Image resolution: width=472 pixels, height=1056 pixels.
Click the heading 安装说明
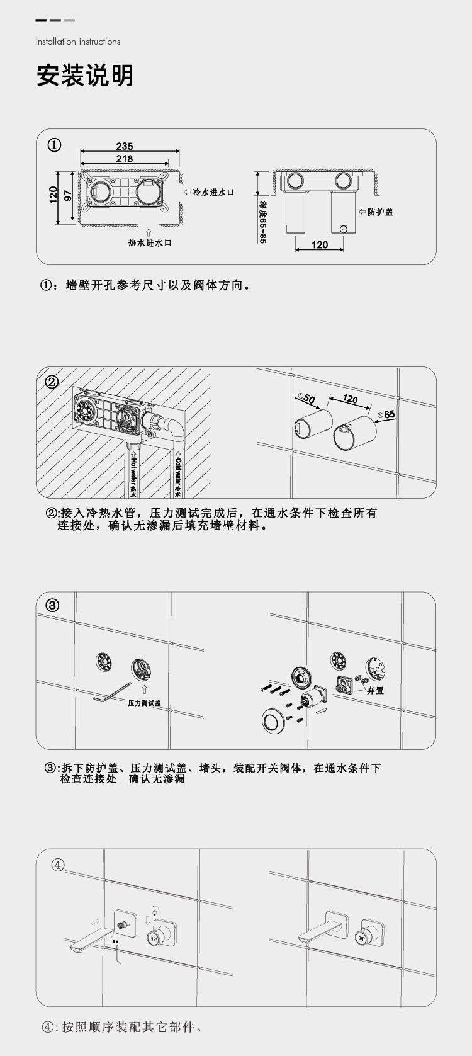click(85, 76)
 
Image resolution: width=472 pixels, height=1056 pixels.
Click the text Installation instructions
click(78, 42)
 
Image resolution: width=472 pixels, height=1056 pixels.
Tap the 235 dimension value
click(125, 146)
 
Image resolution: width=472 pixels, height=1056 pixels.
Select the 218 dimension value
click(125, 159)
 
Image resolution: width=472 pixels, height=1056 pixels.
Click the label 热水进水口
click(150, 243)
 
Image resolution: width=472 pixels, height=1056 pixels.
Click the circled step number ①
click(55, 145)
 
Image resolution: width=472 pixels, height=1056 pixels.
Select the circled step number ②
click(52, 381)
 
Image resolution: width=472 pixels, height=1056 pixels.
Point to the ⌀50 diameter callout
click(306, 399)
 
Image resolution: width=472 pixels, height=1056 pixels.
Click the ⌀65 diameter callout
click(387, 415)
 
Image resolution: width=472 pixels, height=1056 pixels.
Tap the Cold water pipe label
click(177, 477)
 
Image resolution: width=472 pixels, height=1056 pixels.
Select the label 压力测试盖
click(145, 703)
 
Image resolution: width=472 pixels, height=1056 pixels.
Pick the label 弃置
click(376, 691)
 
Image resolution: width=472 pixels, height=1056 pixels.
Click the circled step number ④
click(58, 865)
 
